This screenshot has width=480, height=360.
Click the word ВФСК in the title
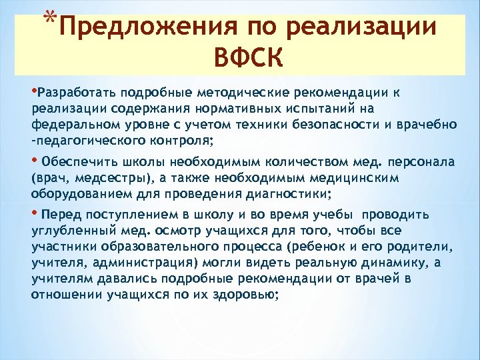point(249,57)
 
